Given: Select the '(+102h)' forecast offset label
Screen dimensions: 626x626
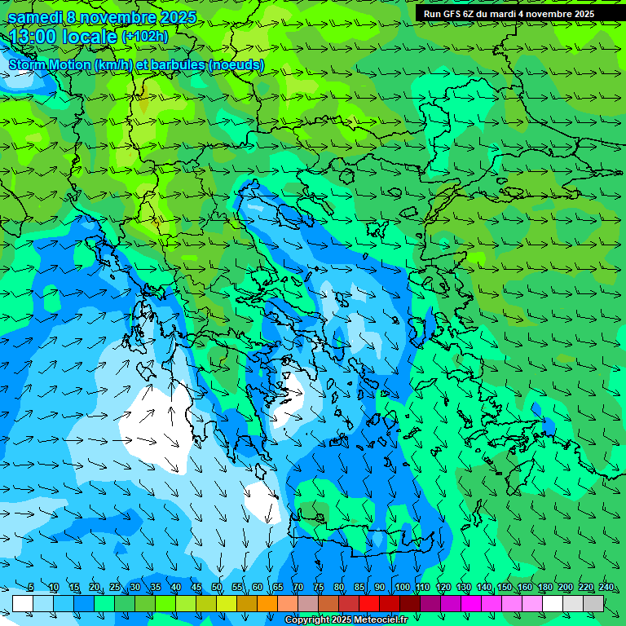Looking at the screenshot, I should [x=144, y=36].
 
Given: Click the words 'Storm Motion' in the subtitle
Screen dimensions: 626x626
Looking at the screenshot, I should [x=49, y=65].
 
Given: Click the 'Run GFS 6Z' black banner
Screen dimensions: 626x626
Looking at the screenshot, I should [x=509, y=13].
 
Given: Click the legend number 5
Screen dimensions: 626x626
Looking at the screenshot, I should [x=30, y=588].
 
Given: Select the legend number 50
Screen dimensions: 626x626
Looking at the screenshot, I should [x=217, y=588].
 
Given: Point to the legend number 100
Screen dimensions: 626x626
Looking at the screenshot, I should [x=402, y=588].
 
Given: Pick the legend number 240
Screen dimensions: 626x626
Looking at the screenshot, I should [x=606, y=588].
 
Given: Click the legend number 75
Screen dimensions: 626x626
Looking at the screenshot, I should [x=319, y=588].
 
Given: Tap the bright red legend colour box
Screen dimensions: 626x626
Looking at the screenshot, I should [x=369, y=603].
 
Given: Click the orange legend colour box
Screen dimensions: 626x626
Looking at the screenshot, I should [x=267, y=603].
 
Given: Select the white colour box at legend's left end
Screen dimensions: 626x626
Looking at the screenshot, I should [x=23, y=603].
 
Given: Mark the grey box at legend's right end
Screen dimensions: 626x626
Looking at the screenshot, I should [x=593, y=603].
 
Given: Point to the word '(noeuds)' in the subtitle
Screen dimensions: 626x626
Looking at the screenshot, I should [x=236, y=65].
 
